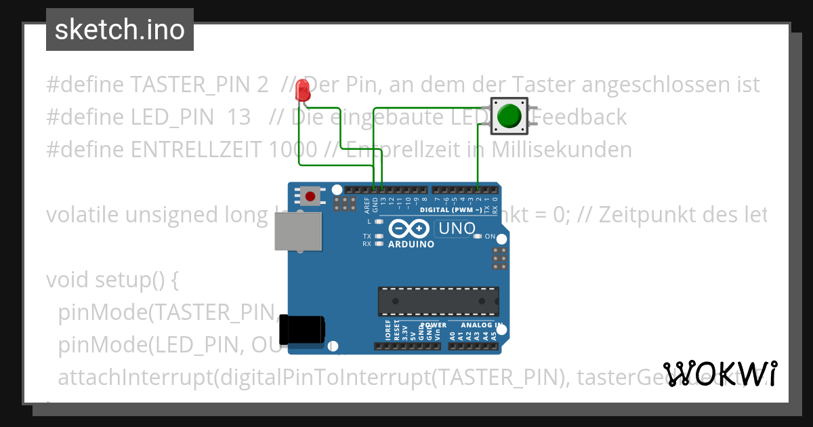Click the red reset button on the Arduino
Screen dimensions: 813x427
pos(310,197)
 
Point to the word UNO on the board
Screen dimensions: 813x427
pos(457,228)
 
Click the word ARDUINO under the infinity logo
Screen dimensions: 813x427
pos(411,245)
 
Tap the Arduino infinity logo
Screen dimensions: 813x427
pos(409,228)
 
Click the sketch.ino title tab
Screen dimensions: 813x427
pos(120,30)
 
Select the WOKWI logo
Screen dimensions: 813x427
pos(721,373)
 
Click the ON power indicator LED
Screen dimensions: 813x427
pos(478,237)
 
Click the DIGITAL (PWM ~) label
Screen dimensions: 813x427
pos(451,210)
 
